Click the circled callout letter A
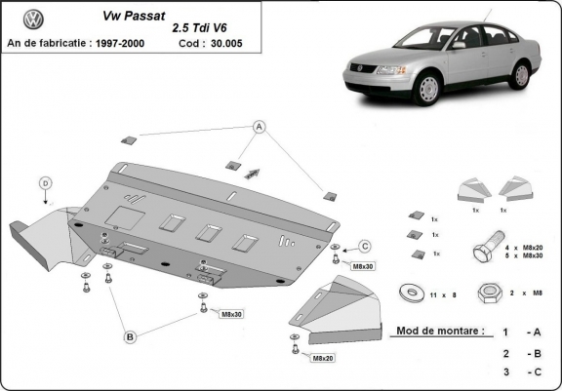tap(260, 127)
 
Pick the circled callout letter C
tap(365, 244)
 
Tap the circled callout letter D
tap(45, 182)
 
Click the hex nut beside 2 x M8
tap(488, 293)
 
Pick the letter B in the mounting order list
tap(536, 353)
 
